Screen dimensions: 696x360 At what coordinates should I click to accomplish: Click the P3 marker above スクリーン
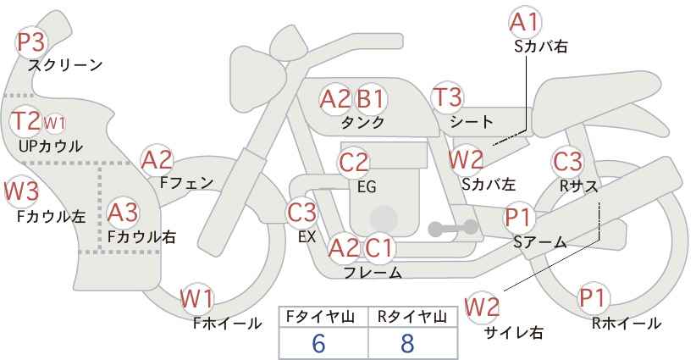pyautogui.click(x=31, y=42)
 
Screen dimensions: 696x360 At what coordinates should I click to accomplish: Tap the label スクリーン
pyautogui.click(x=65, y=66)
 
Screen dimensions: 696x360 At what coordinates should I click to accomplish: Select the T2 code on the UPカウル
pyautogui.click(x=26, y=121)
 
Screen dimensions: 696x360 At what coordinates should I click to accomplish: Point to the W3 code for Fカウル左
pyautogui.click(x=22, y=191)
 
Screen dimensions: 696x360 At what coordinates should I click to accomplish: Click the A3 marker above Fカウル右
pyautogui.click(x=123, y=213)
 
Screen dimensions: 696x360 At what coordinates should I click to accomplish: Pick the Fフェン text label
pyautogui.click(x=186, y=183)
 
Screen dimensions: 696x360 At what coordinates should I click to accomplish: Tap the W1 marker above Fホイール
pyautogui.click(x=197, y=298)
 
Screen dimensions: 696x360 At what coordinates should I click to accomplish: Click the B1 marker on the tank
pyautogui.click(x=370, y=99)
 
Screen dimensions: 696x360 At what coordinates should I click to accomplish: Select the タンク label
pyautogui.click(x=362, y=122)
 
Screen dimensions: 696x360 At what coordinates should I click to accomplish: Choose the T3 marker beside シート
pyautogui.click(x=447, y=97)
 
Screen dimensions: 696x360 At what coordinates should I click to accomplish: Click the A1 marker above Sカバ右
pyautogui.click(x=525, y=22)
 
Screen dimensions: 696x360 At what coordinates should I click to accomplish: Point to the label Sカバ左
pyautogui.click(x=489, y=184)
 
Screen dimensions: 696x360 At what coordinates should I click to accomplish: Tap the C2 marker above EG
pyautogui.click(x=353, y=163)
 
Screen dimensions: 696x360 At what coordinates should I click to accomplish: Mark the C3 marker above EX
pyautogui.click(x=301, y=213)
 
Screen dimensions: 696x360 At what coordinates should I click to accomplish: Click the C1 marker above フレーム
pyautogui.click(x=378, y=248)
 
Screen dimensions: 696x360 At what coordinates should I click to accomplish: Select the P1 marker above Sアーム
pyautogui.click(x=518, y=218)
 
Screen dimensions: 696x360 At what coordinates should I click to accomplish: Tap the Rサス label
pyautogui.click(x=578, y=186)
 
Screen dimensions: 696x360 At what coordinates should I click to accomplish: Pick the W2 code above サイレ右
pyautogui.click(x=482, y=307)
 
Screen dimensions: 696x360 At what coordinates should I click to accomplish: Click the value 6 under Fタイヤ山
pyautogui.click(x=318, y=343)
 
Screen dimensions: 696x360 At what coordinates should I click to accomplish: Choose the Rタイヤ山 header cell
pyautogui.click(x=412, y=317)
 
